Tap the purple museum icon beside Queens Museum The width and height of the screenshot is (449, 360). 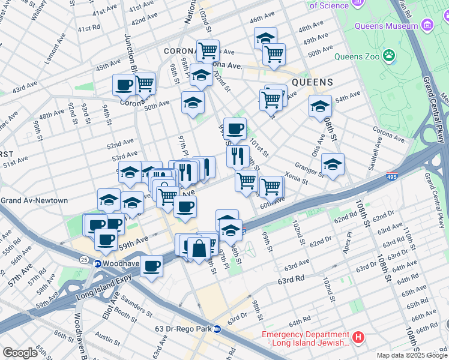pos(427,26)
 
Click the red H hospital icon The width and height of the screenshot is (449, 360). pos(358,337)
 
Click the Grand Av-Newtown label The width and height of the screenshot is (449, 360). pos(34,200)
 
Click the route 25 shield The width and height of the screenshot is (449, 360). pos(83,259)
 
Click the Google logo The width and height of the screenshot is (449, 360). pos(20,352)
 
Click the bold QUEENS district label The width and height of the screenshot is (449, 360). pos(312,82)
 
